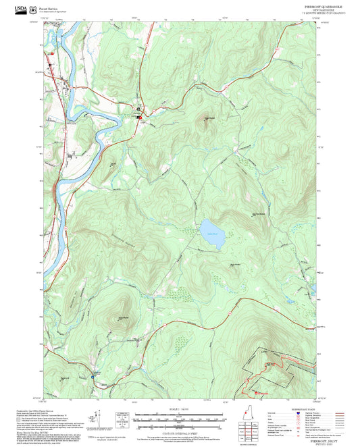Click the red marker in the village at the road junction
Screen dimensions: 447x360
click(140, 117)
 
